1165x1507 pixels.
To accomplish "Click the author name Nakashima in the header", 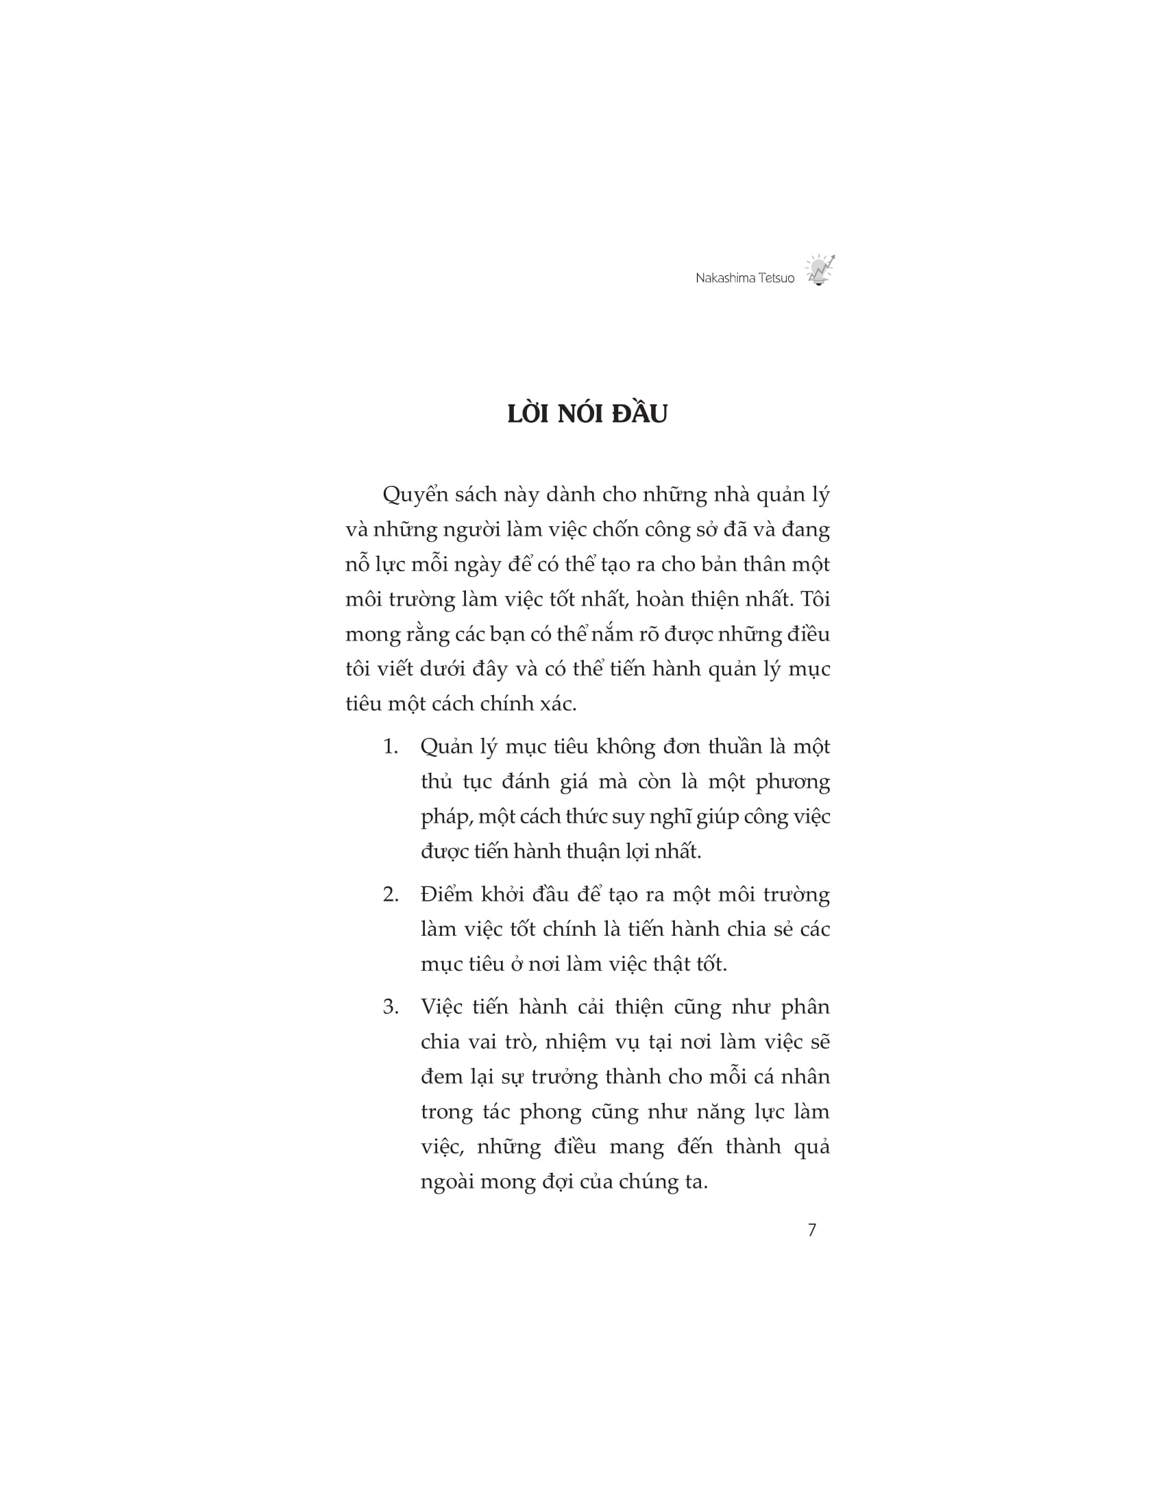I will pyautogui.click(x=721, y=278).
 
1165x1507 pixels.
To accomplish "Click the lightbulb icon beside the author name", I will pyautogui.click(x=819, y=270).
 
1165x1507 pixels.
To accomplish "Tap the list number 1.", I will pyautogui.click(x=390, y=747).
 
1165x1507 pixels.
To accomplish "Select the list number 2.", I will pyautogui.click(x=390, y=895).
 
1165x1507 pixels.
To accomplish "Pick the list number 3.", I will pyautogui.click(x=390, y=1008).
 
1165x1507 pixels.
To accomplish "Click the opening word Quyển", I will pyautogui.click(x=415, y=495).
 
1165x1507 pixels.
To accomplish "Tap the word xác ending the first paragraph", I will pyautogui.click(x=557, y=703).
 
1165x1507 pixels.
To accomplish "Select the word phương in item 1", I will pyautogui.click(x=792, y=782).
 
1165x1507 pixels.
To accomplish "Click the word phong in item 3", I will pyautogui.click(x=550, y=1112).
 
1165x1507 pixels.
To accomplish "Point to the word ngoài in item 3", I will pyautogui.click(x=447, y=1182).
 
